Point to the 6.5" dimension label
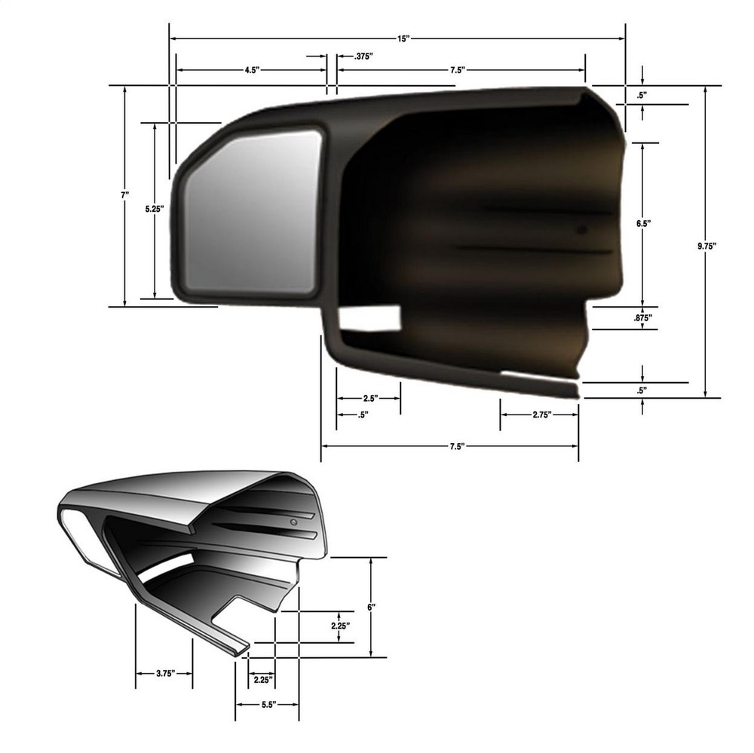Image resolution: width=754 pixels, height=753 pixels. [642, 224]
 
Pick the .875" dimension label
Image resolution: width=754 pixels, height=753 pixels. [642, 318]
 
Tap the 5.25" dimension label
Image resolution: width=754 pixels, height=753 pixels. [154, 211]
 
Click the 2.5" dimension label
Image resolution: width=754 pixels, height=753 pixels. [369, 397]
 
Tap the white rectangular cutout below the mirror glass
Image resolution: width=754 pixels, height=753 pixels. [369, 318]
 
